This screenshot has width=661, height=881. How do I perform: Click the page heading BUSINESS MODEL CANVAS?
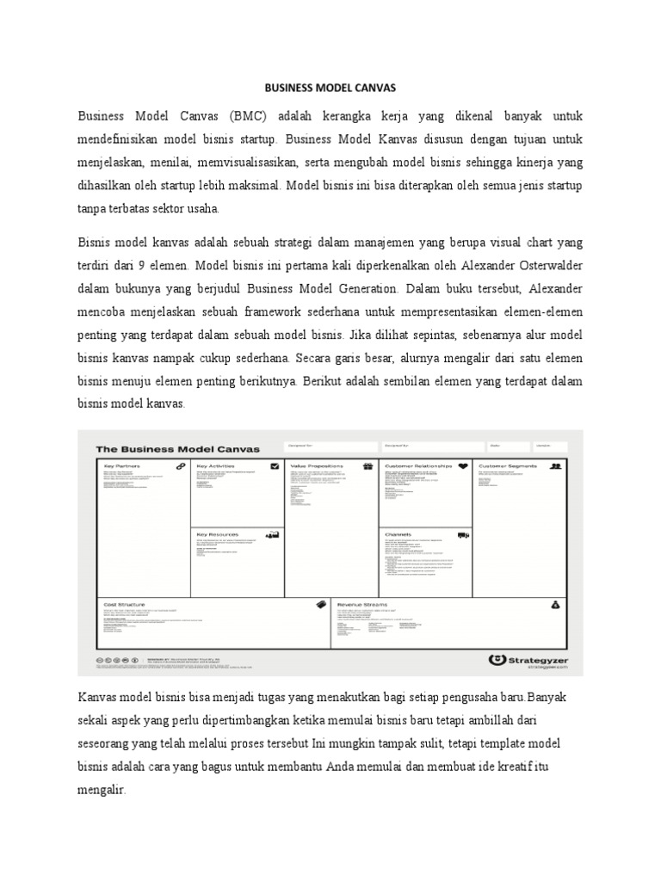pyautogui.click(x=330, y=88)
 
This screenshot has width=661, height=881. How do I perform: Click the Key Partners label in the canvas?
pyautogui.click(x=122, y=466)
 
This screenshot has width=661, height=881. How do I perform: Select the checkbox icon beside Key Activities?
pyautogui.click(x=275, y=466)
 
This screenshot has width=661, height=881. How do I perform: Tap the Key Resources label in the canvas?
pyautogui.click(x=218, y=534)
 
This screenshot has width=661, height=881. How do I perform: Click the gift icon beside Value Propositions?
pyautogui.click(x=368, y=466)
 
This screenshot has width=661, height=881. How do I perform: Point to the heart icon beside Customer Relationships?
pyautogui.click(x=462, y=466)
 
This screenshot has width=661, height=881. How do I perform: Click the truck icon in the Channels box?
pyautogui.click(x=463, y=535)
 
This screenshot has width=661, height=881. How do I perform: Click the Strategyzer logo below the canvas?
pyautogui.click(x=528, y=660)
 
